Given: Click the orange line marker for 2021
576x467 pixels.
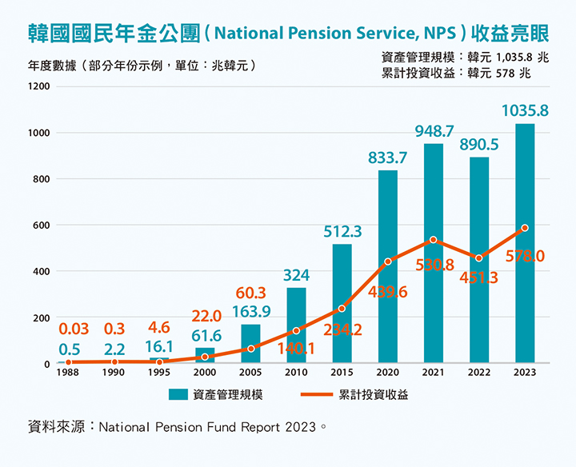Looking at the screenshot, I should coord(434,240).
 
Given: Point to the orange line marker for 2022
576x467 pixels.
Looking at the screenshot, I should coord(479,258).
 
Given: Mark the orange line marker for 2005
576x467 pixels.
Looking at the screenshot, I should coord(251,349).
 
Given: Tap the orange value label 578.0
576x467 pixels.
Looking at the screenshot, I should coord(525,257).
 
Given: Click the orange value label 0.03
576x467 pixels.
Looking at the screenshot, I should coord(74,329).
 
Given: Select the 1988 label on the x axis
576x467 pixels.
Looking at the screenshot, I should coord(69,373).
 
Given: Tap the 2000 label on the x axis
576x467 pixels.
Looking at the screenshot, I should coord(206,373).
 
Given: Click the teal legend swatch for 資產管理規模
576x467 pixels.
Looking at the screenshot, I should coord(178,394).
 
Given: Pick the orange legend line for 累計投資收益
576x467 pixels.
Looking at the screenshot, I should coord(315,394).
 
